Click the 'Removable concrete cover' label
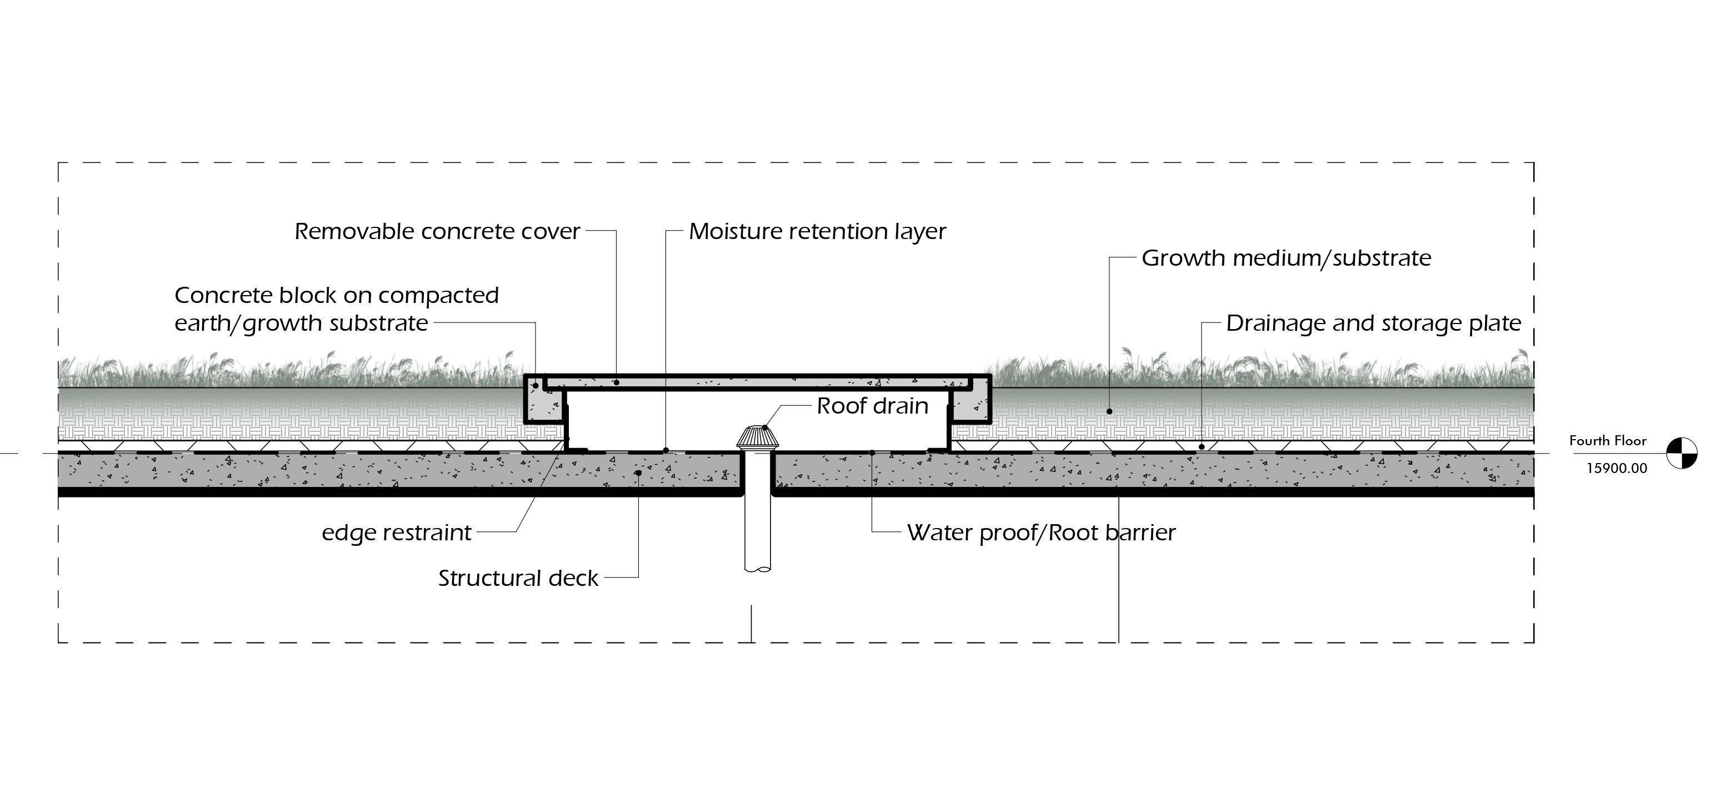coord(437,231)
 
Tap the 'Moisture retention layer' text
coord(817,231)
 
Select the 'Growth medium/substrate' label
coord(1286,258)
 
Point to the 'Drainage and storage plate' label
coord(1373,323)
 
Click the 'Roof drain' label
coord(872,406)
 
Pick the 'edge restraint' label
coord(397,533)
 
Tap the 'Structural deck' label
coord(518,578)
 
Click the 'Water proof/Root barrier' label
coord(1040,533)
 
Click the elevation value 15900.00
coord(1616,468)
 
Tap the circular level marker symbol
coord(1682,453)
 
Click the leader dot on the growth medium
coord(1109,411)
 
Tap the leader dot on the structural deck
coord(638,472)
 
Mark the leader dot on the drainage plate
coord(1202,447)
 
